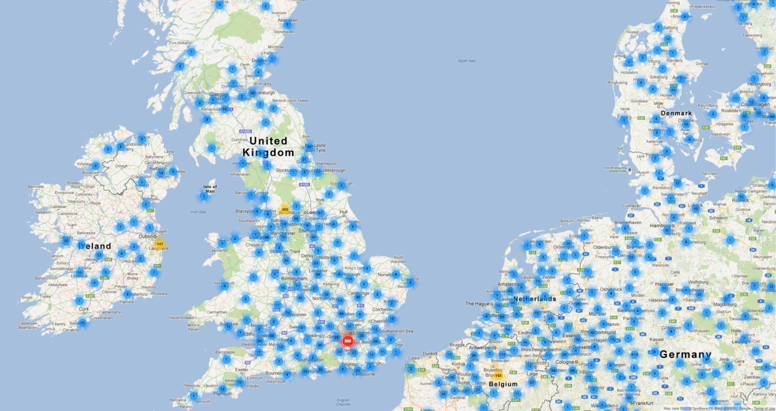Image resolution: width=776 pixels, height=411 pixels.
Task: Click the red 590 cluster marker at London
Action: (348, 341)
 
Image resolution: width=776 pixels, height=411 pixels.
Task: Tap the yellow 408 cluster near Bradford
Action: (285, 209)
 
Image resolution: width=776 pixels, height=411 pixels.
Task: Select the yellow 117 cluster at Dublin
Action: (159, 244)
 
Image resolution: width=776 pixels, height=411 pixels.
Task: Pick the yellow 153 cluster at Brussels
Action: (498, 375)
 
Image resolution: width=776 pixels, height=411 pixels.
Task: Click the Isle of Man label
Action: (210, 189)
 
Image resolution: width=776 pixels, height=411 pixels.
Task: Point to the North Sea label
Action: (466, 61)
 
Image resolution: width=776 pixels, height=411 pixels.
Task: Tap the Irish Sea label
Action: (198, 211)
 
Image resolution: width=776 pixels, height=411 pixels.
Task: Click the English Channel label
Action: (343, 402)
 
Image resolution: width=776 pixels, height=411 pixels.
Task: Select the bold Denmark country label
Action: (676, 113)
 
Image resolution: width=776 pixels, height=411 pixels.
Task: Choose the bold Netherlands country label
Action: (535, 299)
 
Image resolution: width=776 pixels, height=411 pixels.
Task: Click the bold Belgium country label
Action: (503, 384)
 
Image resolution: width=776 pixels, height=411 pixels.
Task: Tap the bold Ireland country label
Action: (95, 246)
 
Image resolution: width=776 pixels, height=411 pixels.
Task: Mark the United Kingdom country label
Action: (268, 146)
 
